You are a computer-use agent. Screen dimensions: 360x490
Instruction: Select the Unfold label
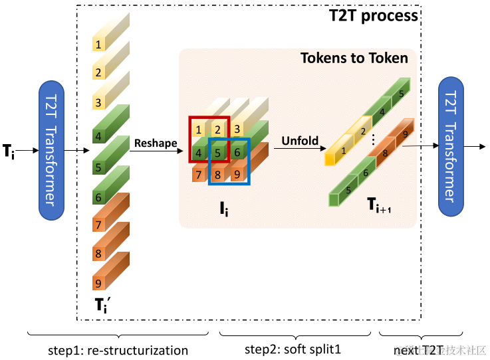pyautogui.click(x=300, y=141)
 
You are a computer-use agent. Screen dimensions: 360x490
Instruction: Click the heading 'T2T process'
pyautogui.click(x=374, y=15)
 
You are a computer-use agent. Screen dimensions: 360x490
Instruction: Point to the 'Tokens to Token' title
pyautogui.click(x=354, y=58)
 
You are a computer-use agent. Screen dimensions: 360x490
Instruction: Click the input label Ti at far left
pyautogui.click(x=9, y=151)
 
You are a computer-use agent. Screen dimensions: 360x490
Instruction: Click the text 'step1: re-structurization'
pyautogui.click(x=118, y=350)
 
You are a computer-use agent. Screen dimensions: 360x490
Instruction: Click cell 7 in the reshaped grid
pyautogui.click(x=199, y=175)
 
